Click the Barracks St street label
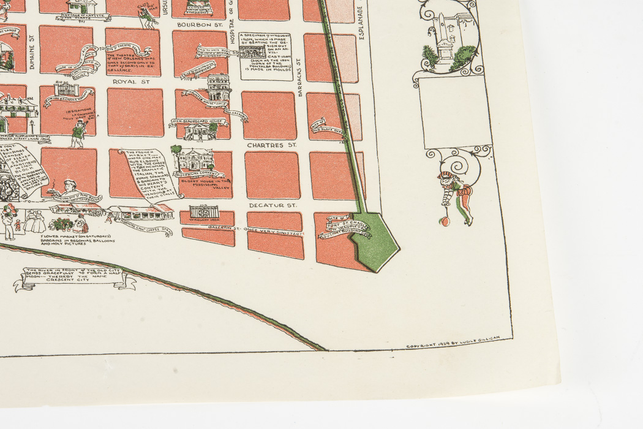point(300,79)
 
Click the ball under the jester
point(448,219)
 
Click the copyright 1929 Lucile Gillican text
point(453,346)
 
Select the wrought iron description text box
point(265,57)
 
